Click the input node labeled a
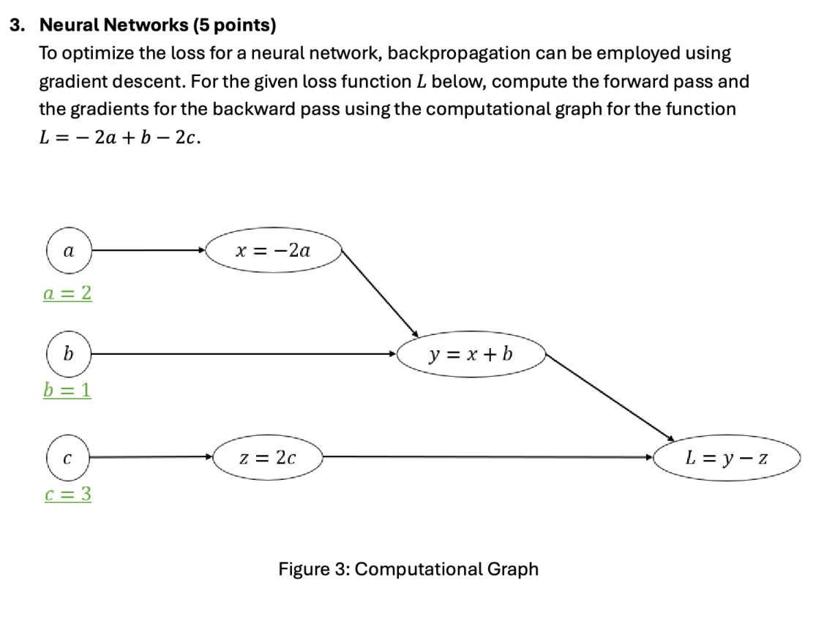point(68,251)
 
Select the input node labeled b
point(68,354)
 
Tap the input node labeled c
point(68,458)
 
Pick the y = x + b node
point(471,354)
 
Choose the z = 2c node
point(268,458)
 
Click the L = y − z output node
point(727,459)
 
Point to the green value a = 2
point(67,293)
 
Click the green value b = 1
point(67,390)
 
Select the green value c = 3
point(67,494)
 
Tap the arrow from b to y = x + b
point(242,354)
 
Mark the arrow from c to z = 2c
point(150,458)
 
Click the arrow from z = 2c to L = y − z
point(487,458)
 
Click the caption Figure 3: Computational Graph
point(408,569)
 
